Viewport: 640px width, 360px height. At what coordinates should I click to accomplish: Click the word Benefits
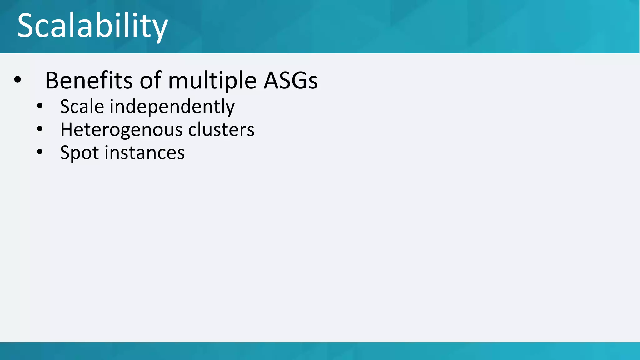click(x=89, y=81)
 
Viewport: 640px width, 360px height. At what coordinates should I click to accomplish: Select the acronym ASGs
click(x=291, y=81)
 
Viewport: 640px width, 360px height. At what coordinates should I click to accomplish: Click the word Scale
click(x=82, y=106)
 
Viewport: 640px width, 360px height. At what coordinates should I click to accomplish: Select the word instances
click(x=144, y=153)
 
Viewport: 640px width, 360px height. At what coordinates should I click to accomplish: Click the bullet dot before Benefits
click(x=17, y=80)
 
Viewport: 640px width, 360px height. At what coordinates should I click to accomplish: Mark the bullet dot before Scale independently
click(x=40, y=106)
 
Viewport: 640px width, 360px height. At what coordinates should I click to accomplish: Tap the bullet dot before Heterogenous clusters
click(x=40, y=129)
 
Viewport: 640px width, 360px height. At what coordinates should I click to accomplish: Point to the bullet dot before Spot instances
click(x=40, y=152)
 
